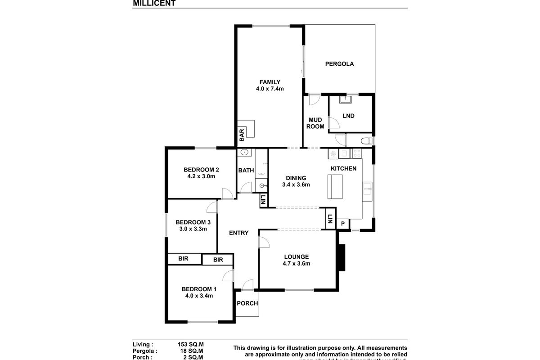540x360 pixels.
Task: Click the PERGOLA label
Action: pos(339,64)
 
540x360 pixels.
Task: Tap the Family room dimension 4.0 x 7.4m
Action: pos(270,89)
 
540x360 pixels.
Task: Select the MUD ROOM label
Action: pos(315,123)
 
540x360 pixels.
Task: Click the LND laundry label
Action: pos(348,116)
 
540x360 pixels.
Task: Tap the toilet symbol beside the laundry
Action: pos(368,141)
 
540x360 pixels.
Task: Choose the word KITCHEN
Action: pos(343,169)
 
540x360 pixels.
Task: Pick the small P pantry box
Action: pos(342,224)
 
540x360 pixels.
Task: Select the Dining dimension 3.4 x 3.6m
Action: pos(296,184)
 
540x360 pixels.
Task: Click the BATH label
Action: pos(246,171)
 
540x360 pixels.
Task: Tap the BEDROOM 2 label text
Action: pos(201,170)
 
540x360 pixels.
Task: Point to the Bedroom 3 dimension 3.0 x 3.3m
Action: pos(193,229)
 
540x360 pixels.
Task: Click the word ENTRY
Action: pos(238,233)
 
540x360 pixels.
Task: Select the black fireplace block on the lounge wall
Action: pos(341,257)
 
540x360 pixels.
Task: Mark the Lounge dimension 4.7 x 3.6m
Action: pos(296,264)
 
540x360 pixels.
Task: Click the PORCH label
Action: pos(247,303)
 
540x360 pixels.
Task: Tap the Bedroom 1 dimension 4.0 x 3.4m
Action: pos(199,296)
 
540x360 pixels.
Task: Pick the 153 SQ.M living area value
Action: pos(190,344)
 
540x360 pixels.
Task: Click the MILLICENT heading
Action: pos(154,3)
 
